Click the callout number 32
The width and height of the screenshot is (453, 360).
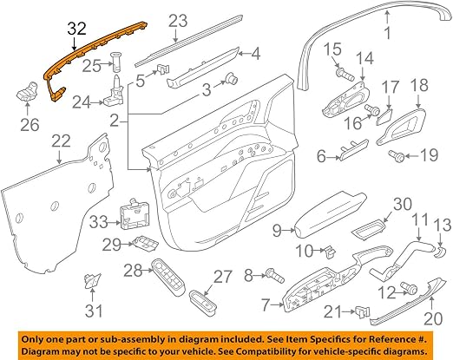[77, 29]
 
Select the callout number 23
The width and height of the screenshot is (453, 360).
[178, 21]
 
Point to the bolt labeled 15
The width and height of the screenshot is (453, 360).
[345, 74]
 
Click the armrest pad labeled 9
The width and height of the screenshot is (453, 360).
[330, 213]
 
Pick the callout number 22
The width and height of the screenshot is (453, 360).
[61, 141]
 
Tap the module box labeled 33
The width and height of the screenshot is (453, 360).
[132, 214]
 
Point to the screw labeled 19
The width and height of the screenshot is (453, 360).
[397, 155]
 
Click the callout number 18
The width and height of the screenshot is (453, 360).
[419, 85]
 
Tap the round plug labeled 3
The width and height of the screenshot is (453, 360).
[232, 78]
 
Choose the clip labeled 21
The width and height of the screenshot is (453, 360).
[363, 311]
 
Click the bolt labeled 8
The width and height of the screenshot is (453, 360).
[275, 276]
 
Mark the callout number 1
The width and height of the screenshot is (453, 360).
[387, 32]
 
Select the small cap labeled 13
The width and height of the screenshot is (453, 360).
[440, 252]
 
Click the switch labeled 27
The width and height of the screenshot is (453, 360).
[203, 301]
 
